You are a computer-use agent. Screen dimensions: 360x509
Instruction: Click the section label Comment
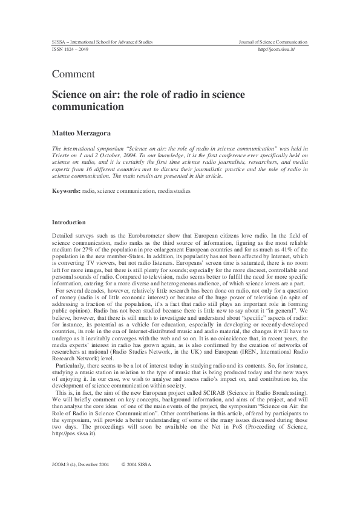pos(73,74)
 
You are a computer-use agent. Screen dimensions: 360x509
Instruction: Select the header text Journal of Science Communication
pos(273,42)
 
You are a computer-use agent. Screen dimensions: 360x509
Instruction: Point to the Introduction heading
pos(69,222)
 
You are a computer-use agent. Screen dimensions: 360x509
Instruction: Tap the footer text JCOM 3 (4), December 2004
pos(80,481)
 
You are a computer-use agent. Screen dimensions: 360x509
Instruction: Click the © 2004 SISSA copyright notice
pos(140,481)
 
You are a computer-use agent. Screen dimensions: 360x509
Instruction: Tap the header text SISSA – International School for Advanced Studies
pos(102,42)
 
